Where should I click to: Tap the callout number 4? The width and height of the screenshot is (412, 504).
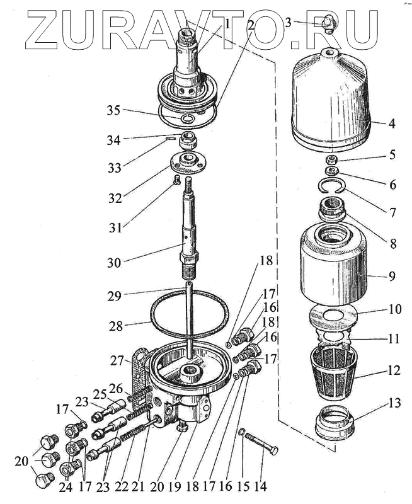tap(392, 123)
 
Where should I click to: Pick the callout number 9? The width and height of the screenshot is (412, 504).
tap(392, 275)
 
